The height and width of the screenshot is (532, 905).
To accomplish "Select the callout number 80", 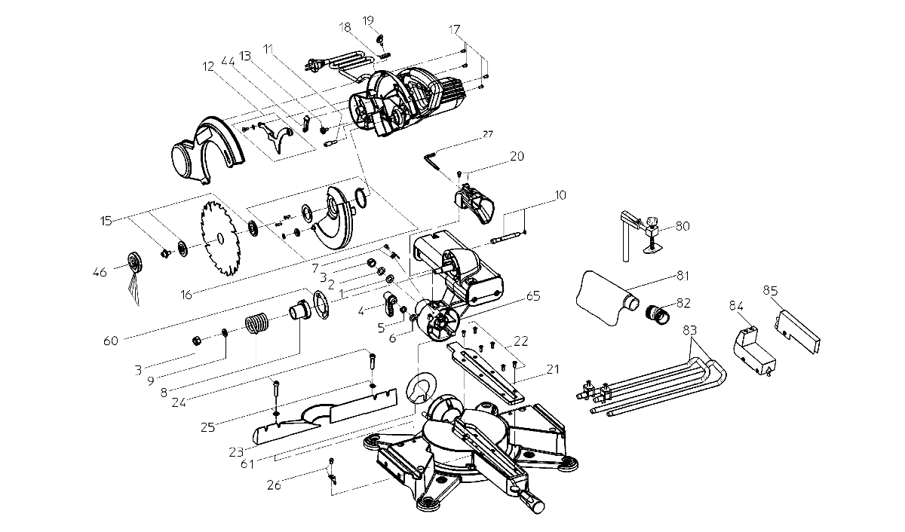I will pyautogui.click(x=682, y=225).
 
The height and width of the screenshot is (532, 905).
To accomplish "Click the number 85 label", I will pyautogui.click(x=770, y=289).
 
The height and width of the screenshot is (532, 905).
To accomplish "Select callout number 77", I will pyautogui.click(x=488, y=135).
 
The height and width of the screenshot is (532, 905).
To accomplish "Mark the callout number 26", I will pyautogui.click(x=274, y=485).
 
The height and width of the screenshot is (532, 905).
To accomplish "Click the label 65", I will pyautogui.click(x=533, y=298).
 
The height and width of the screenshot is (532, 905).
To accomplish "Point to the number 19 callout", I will pyautogui.click(x=368, y=19).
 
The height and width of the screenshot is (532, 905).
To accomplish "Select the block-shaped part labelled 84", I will pyautogui.click(x=750, y=347).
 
